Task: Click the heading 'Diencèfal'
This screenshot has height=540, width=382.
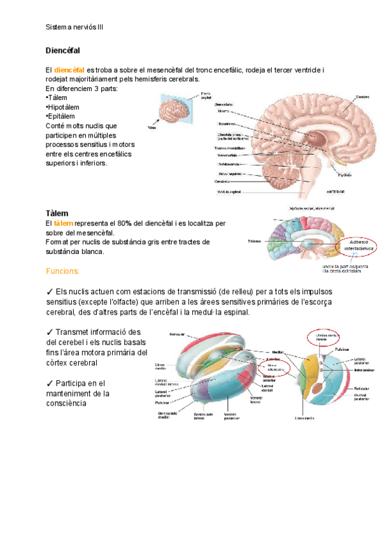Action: coord(62,50)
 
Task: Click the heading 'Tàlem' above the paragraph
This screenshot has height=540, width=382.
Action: coord(57,213)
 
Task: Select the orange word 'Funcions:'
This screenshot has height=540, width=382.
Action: coord(62,271)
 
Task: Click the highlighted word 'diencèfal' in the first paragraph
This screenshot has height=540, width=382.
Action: coord(69,69)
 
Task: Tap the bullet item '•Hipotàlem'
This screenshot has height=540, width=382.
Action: coord(63,108)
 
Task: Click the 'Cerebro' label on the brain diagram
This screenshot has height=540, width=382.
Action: coord(363,97)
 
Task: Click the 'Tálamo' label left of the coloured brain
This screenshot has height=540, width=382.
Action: coord(255,242)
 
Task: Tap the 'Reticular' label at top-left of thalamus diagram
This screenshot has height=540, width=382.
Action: coord(177,334)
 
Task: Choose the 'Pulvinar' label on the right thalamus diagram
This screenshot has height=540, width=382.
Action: coord(343,350)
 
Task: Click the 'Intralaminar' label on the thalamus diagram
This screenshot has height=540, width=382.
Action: coord(364,369)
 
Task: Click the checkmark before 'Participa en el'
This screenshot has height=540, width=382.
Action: coord(50,383)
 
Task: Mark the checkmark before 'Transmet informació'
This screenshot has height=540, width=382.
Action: coord(50,332)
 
